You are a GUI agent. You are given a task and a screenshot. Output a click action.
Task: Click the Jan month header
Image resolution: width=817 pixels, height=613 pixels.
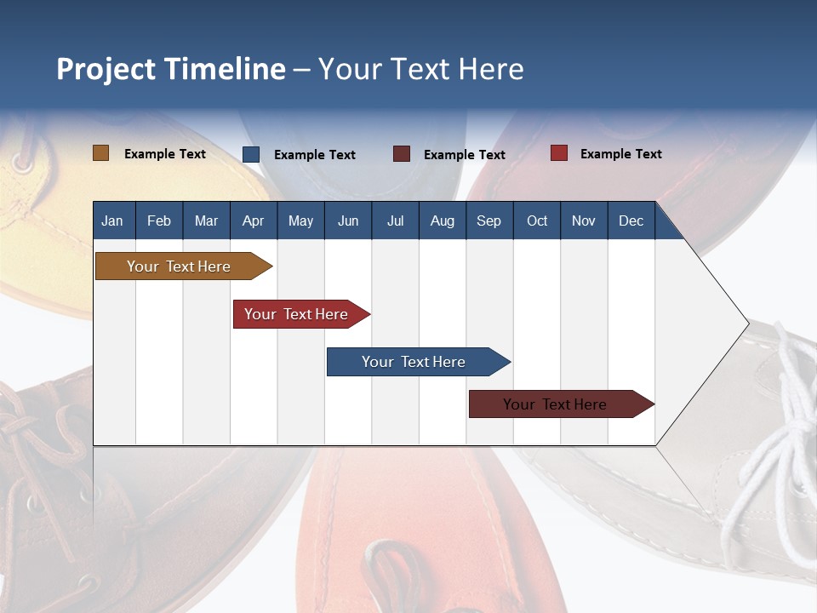coord(112,221)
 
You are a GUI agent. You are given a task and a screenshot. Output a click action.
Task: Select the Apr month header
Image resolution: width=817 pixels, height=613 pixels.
coord(253,221)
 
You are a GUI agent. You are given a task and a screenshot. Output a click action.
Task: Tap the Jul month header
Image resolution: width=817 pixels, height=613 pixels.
coord(395,221)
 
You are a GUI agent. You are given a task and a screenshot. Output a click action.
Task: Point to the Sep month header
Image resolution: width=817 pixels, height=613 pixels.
coord(488,221)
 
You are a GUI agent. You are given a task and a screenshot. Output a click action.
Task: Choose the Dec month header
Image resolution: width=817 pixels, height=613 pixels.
coord(631,221)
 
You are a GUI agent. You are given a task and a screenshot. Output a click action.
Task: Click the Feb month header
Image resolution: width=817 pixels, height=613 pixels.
coord(159,221)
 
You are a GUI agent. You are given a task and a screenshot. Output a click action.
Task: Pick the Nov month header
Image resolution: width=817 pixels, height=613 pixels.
coord(583,221)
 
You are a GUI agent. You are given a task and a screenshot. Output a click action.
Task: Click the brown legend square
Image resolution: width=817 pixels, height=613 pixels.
coord(100,153)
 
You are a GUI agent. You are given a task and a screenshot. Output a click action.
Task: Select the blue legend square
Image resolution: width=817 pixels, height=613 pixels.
coord(251,154)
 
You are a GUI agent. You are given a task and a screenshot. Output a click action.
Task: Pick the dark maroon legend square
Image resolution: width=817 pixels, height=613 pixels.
coord(402,154)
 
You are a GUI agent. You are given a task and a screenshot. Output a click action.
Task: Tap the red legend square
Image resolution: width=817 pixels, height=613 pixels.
coord(559,153)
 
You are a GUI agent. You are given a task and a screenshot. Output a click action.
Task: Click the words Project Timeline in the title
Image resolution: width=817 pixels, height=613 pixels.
coord(171,69)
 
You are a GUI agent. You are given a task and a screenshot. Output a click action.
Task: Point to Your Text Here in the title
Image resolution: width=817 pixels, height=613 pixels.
coord(421,69)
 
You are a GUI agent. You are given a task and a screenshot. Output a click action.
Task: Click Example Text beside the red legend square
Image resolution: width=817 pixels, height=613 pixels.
coord(620,154)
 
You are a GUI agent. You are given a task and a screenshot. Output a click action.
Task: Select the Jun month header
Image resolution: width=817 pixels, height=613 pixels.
coord(348,221)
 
